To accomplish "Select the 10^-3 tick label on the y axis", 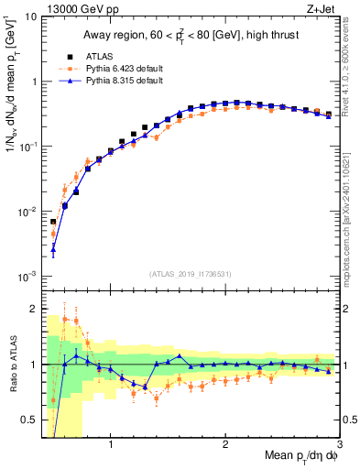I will [28, 276].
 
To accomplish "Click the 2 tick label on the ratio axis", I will [35, 309].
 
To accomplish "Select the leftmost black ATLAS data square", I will [53, 222].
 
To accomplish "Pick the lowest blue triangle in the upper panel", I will [53, 249].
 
